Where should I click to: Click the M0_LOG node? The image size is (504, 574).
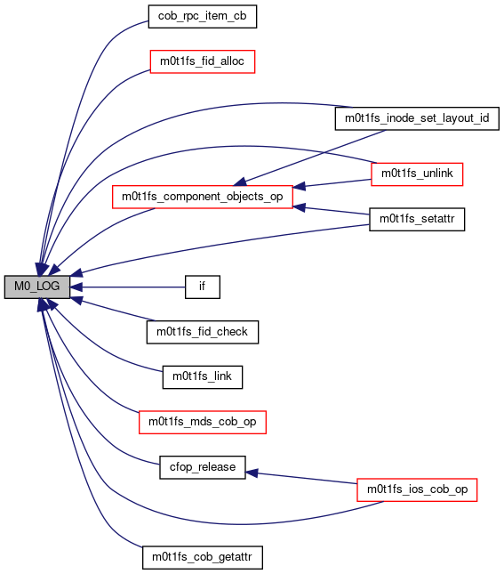coord(37,287)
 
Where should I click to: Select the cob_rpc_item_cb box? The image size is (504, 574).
coord(203,17)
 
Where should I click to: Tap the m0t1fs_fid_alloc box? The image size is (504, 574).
coord(203,61)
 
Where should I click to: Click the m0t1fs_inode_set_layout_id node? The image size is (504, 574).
coord(417,118)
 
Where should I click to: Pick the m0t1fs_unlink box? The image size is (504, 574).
coord(417,174)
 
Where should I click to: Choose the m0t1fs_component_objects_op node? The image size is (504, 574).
coord(203,197)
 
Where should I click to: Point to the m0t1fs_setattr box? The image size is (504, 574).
coord(417,219)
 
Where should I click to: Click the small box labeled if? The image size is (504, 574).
coord(203,287)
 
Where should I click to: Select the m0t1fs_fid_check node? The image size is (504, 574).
coord(203,332)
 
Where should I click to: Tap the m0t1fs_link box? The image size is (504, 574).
coord(203,377)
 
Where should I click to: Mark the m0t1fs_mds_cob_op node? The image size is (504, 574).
coord(203,422)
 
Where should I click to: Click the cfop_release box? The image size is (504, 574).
coord(203,467)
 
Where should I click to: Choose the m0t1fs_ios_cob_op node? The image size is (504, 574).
coord(417,489)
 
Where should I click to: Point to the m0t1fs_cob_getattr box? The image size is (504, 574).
coord(203,557)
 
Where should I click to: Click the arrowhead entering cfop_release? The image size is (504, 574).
coord(252,473)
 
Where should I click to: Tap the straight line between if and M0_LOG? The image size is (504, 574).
coord(127,287)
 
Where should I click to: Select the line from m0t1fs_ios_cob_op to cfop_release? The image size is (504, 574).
coord(301,478)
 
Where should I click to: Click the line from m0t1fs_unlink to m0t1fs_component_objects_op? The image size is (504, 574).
coord(332,183)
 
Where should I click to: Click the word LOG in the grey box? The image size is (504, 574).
coord(48,287)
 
